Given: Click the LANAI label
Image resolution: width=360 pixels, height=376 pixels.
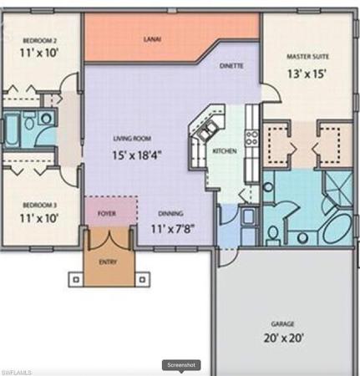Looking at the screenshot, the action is click(x=152, y=39).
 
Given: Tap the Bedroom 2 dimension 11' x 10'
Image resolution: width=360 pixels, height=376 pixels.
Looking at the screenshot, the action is click(x=38, y=53).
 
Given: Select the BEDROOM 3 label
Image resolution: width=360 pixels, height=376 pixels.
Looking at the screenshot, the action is click(x=40, y=206).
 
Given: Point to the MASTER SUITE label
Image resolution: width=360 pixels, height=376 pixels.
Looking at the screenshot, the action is click(x=307, y=57).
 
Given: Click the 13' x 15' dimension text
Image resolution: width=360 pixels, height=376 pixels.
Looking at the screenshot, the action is click(x=307, y=74).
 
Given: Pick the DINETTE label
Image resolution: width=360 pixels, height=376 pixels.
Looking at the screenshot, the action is click(x=231, y=66).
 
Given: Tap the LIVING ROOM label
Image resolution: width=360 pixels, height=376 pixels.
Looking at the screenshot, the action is click(x=132, y=139).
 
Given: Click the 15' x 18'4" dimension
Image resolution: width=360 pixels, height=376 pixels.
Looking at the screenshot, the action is click(x=137, y=155).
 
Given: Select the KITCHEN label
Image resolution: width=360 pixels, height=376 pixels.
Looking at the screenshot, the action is click(x=225, y=151).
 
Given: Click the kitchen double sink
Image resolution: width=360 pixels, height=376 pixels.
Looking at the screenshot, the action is click(x=207, y=130).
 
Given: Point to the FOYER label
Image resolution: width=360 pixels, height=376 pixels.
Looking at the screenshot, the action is click(x=107, y=214).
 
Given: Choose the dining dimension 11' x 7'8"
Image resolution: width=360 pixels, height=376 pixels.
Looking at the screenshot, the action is click(x=172, y=229).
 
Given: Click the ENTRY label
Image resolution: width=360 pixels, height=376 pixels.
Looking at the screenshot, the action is click(x=108, y=262).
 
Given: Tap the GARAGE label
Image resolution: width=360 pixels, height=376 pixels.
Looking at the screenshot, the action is click(x=283, y=324).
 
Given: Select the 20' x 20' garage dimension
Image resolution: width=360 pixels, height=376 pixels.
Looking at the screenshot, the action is click(x=283, y=338).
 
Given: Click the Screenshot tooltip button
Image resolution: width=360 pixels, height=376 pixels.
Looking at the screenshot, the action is click(x=181, y=365).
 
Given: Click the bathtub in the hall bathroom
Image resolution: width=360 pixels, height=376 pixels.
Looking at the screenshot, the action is click(x=12, y=129).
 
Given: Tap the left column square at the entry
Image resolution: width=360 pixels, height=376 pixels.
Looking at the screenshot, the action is click(x=76, y=279).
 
